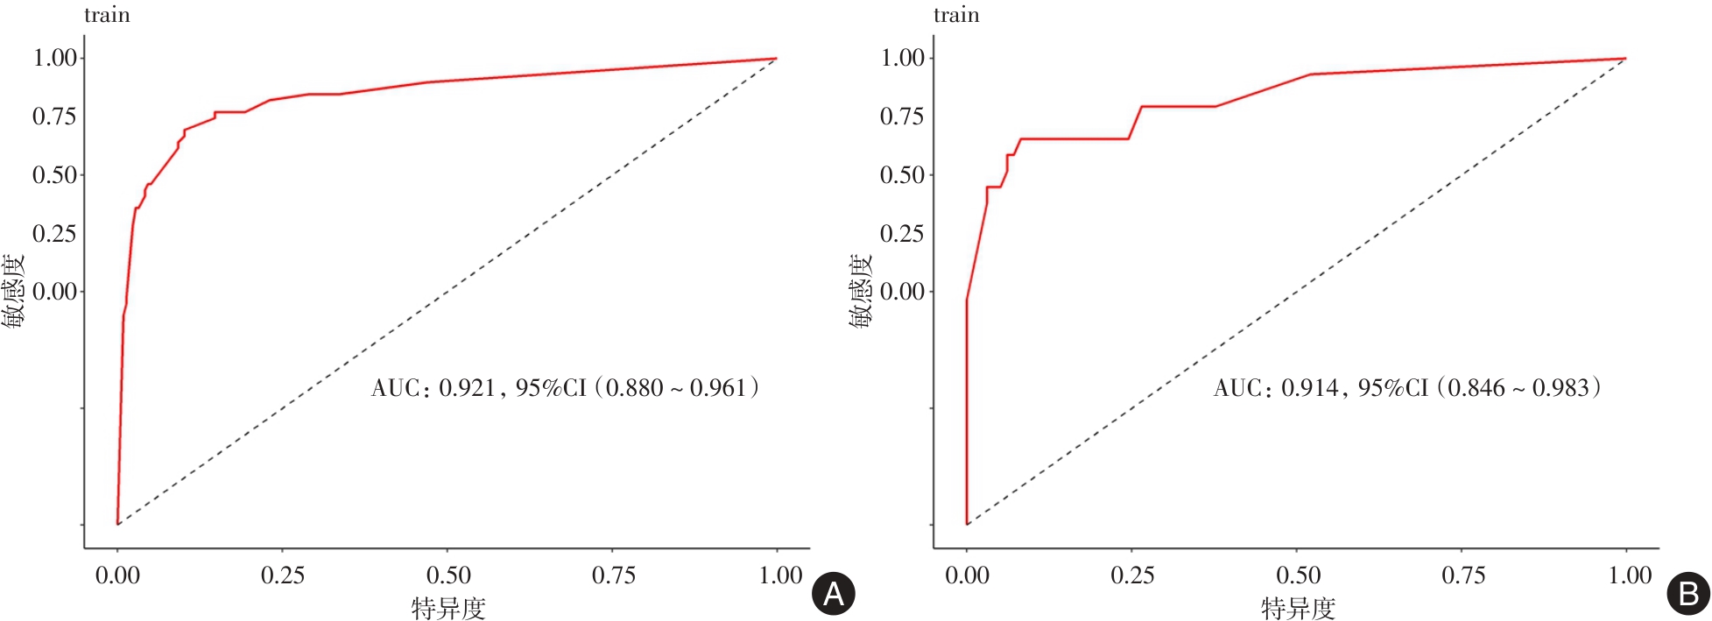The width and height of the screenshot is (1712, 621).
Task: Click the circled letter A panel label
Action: click(833, 594)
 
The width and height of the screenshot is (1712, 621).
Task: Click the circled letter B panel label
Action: click(1687, 594)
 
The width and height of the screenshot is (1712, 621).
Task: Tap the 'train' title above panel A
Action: click(107, 15)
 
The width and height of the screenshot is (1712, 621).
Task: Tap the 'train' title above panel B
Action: click(956, 15)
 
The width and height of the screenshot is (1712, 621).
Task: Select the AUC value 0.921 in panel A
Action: click(467, 388)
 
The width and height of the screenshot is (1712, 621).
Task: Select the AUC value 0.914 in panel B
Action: click(1309, 388)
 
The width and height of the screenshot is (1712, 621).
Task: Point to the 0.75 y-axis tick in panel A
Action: click(54, 116)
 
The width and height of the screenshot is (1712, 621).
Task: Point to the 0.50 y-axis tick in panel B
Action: click(902, 175)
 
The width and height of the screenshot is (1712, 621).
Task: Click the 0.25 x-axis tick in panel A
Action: click(283, 575)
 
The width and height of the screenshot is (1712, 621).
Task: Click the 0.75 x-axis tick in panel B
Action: click(1463, 575)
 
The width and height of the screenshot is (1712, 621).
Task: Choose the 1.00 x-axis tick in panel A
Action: click(780, 575)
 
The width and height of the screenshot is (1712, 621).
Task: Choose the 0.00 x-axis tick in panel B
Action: click(967, 575)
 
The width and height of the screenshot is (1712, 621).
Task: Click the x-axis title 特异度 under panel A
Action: click(448, 608)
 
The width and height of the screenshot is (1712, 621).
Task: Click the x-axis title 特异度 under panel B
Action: click(1298, 608)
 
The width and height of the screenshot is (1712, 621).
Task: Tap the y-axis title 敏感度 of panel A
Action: click(12, 292)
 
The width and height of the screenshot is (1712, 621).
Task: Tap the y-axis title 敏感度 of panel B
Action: click(861, 292)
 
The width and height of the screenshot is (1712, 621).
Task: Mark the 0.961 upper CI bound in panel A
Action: click(717, 388)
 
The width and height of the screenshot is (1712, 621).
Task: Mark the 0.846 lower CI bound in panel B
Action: click(1476, 388)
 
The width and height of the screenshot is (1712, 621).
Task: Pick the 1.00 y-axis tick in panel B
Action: click(902, 58)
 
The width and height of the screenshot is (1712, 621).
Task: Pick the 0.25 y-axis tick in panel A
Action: click(54, 234)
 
